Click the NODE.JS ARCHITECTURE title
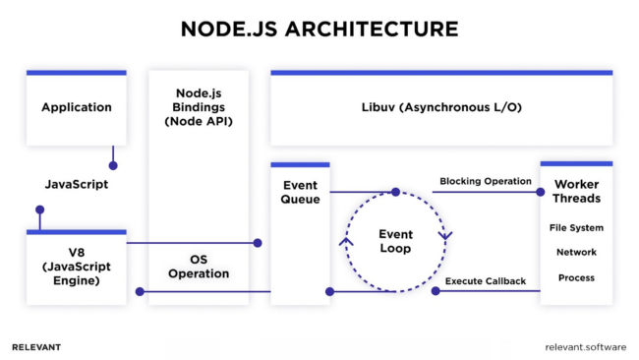point(319,30)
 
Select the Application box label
point(77,107)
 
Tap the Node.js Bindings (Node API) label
point(199,107)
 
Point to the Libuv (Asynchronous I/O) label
point(441,107)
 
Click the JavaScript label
point(77,184)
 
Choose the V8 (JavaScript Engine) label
point(77,267)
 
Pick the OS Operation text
point(199,267)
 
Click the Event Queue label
point(301,192)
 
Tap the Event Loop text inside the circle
point(396,241)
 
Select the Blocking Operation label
point(486,181)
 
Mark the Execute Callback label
point(486,281)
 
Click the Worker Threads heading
point(577,191)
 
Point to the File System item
point(576,228)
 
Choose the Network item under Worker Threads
point(576,253)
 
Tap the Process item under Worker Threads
point(576,277)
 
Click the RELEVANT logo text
point(36,347)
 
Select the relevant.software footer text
point(586,347)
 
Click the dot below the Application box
point(113,165)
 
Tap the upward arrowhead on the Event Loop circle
point(346,241)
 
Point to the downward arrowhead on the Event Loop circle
point(445,236)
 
